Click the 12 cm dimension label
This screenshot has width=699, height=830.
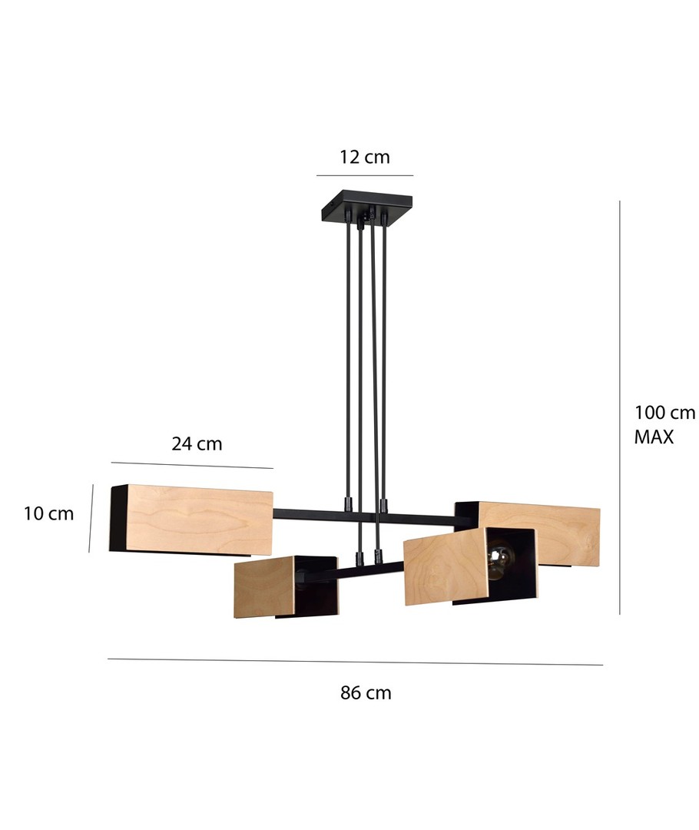[365, 158]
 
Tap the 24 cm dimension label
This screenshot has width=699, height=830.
[197, 443]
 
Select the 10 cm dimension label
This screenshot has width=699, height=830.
[48, 513]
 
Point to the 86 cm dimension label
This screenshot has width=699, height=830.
[366, 692]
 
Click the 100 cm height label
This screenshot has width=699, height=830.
[664, 413]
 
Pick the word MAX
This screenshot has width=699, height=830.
[654, 437]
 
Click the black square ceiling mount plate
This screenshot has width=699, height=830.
[366, 207]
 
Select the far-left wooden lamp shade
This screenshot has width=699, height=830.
[191, 520]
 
